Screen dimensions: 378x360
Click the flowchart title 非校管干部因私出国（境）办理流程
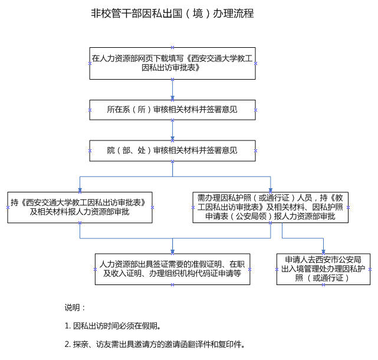click(172, 13)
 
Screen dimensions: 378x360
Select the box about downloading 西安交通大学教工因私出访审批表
click(172, 64)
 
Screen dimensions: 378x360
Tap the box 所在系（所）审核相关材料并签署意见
click(172, 110)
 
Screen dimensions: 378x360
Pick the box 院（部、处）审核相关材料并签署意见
click(172, 151)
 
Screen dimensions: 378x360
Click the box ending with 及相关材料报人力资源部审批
click(80, 208)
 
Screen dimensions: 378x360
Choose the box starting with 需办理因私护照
click(271, 208)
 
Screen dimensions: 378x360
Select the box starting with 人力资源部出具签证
click(172, 269)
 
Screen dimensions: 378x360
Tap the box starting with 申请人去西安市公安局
click(323, 269)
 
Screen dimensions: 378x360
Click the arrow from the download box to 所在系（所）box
click(172, 90)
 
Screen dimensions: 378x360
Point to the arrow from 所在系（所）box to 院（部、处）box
click(172, 130)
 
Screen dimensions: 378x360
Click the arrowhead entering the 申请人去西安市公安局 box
click(323, 251)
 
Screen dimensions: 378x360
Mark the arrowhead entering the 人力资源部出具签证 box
click(172, 251)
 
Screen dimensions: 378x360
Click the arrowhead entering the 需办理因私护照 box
click(271, 190)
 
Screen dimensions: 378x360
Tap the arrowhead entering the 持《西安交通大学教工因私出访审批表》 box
click(80, 190)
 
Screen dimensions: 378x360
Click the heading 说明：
click(75, 307)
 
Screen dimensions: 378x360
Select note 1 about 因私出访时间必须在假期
click(113, 326)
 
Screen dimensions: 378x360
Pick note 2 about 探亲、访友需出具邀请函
click(155, 344)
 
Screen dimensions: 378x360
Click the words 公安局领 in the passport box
click(251, 217)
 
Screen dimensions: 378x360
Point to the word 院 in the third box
click(111, 150)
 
